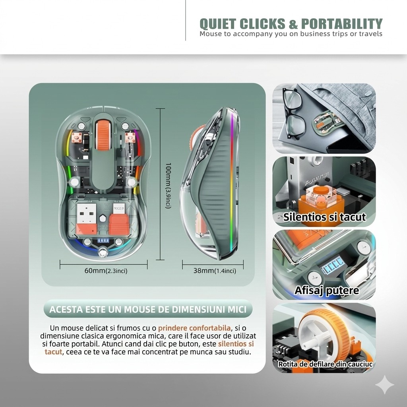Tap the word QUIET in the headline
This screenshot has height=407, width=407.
point(218,24)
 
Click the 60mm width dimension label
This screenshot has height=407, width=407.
point(106,271)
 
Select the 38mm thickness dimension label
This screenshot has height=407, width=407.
point(215,271)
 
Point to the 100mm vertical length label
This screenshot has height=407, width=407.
point(168,185)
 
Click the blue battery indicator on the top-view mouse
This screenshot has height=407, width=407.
point(103,240)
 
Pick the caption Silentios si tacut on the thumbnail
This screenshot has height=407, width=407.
point(324,217)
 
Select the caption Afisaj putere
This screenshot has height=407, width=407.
point(327,290)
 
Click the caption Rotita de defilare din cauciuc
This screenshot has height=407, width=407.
point(325,364)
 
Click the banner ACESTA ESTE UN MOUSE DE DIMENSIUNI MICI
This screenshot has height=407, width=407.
point(148,309)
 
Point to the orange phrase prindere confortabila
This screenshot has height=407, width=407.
point(194,328)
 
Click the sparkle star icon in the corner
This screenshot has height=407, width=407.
point(385,385)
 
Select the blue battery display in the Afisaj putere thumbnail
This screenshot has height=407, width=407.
point(333,265)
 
